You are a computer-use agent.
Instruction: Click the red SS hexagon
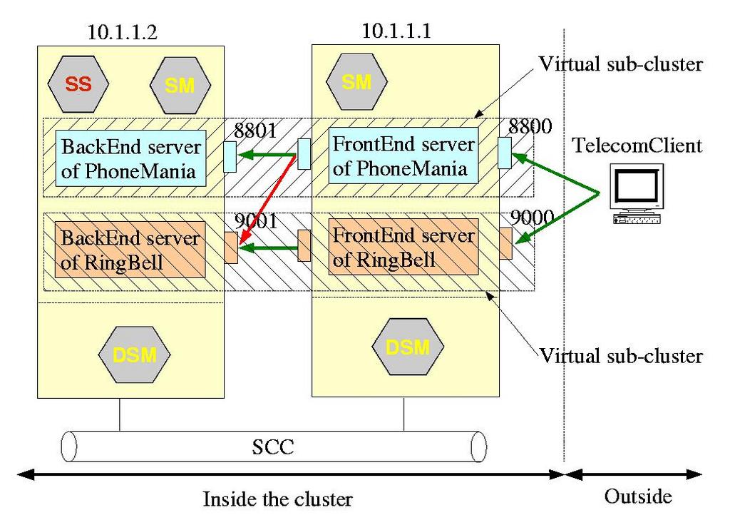click(78, 84)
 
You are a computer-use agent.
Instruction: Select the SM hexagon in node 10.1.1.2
click(180, 86)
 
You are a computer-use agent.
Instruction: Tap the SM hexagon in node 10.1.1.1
click(356, 83)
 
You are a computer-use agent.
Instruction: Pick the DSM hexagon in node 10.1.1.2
click(135, 354)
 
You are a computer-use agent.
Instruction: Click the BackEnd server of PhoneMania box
click(131, 158)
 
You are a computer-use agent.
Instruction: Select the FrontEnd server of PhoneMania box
click(403, 156)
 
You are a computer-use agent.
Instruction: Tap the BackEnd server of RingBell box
click(131, 249)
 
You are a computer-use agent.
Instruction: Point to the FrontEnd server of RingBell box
click(403, 247)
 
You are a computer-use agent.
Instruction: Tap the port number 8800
click(530, 128)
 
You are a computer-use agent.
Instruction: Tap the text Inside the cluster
click(277, 498)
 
